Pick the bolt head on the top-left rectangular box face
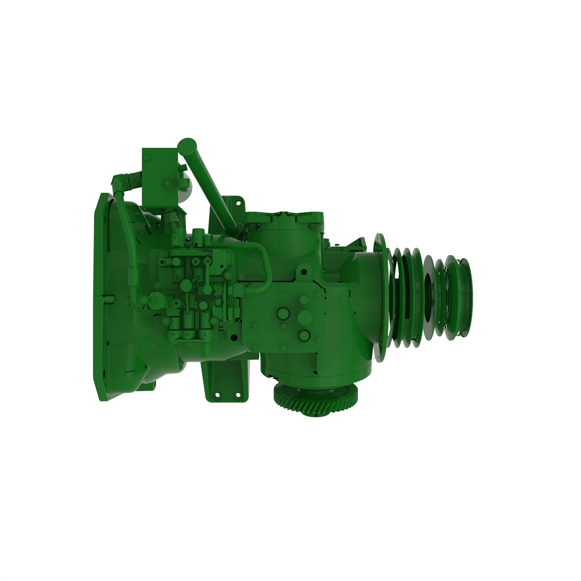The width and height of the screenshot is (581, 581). pyautogui.click(x=168, y=183)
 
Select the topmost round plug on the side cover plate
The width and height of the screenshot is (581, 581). pyautogui.click(x=304, y=300)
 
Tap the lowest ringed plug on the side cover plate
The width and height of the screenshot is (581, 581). pyautogui.click(x=304, y=335)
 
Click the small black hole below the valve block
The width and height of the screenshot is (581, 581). pyautogui.click(x=233, y=337)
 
